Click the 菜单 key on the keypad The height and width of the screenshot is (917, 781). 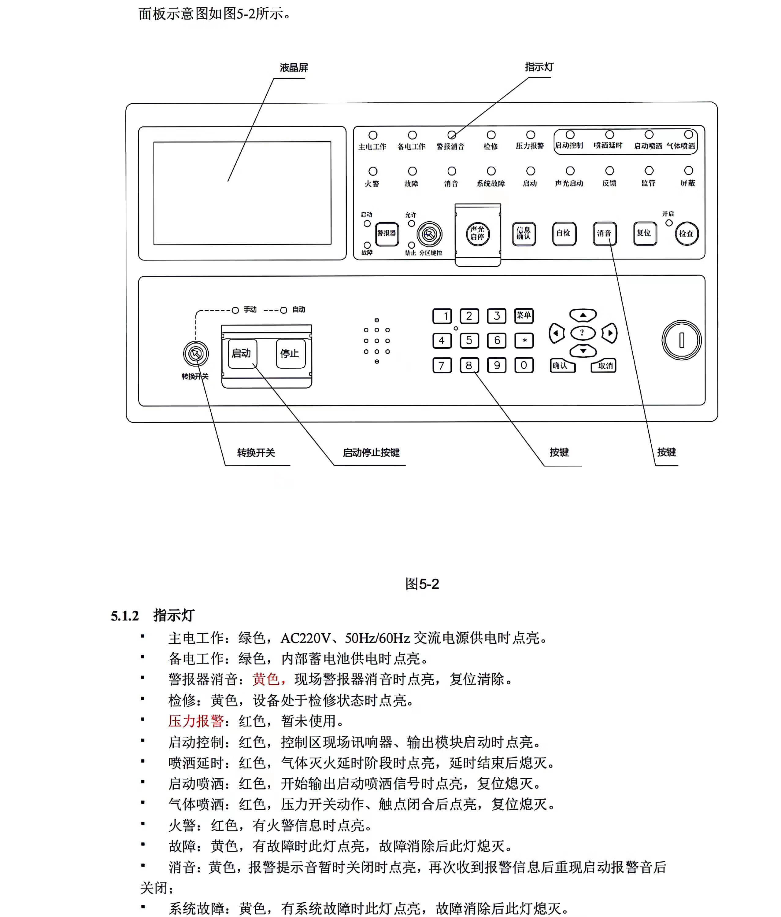524,315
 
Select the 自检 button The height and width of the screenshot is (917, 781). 564,233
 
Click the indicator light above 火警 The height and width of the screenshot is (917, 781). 373,171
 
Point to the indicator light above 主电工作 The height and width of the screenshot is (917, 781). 373,135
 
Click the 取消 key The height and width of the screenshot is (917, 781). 604,366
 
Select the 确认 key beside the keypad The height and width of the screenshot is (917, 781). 562,366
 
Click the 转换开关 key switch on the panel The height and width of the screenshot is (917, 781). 196,354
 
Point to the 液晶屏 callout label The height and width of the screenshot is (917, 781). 294,68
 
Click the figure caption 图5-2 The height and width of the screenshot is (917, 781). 422,584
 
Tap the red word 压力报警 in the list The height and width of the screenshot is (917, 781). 196,721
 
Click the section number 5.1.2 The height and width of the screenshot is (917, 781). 124,616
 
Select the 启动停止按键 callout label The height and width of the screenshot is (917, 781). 371,452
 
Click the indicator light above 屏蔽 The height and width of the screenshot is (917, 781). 688,170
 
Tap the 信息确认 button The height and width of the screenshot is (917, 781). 524,233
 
